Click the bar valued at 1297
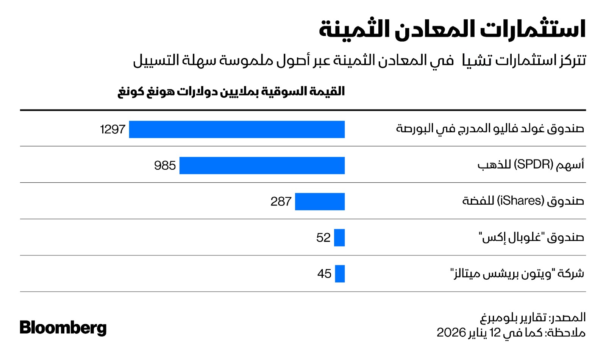click(x=237, y=129)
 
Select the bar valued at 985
click(x=262, y=166)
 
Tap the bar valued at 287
click(x=320, y=202)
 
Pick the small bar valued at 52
click(x=339, y=238)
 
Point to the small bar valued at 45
click(x=340, y=274)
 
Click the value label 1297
click(x=112, y=129)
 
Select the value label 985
click(x=165, y=166)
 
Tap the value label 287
click(x=281, y=202)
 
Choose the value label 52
click(x=323, y=238)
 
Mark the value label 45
click(x=324, y=274)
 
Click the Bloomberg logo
click(x=63, y=328)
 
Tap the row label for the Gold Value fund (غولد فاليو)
click(x=490, y=129)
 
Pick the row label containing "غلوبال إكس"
click(x=531, y=237)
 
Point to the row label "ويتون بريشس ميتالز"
click(x=517, y=273)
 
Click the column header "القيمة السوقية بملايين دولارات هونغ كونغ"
click(x=231, y=92)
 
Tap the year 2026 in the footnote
click(x=451, y=332)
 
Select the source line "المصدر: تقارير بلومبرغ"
click(x=533, y=317)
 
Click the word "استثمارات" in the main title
click(x=533, y=29)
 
